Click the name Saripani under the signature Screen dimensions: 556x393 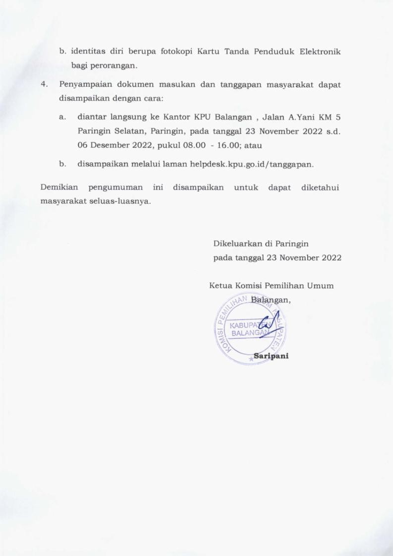(271, 356)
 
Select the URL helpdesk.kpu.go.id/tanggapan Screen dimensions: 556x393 (251, 163)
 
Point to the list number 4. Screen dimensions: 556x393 (44, 85)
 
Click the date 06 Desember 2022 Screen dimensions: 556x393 (110, 146)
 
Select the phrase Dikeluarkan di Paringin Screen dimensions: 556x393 (261, 244)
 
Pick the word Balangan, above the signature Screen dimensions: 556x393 (270, 300)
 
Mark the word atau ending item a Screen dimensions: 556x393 (253, 146)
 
